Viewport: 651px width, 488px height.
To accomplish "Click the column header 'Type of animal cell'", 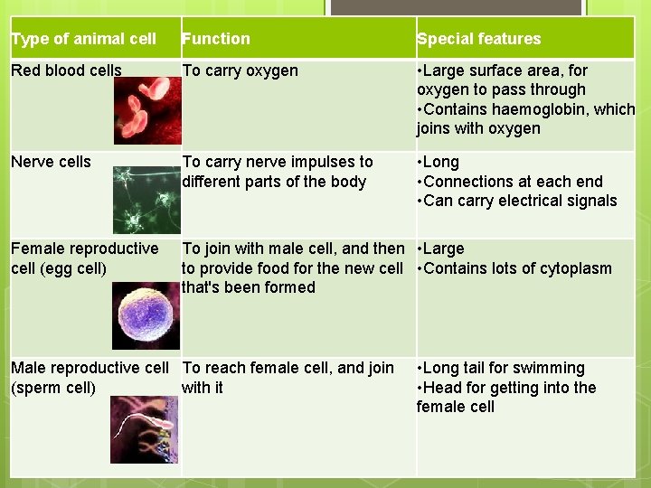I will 83,39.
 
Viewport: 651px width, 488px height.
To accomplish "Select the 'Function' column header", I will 216,39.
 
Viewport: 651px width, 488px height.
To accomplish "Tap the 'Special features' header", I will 478,39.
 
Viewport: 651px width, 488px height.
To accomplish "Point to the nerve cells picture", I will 146,201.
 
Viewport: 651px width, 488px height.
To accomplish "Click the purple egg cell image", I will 146,316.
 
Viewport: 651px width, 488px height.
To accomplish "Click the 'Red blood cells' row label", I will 66,70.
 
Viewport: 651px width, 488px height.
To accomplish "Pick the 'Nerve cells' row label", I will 51,162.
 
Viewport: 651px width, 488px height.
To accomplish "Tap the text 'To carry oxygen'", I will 240,70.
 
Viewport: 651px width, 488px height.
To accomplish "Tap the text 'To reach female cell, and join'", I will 288,368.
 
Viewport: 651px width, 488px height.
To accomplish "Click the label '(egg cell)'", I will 58,268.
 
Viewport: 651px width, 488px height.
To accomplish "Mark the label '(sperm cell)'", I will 53,388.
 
